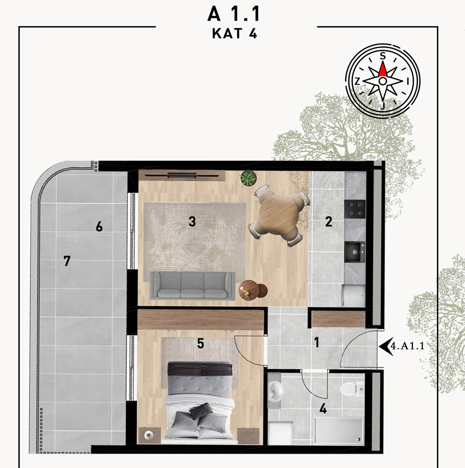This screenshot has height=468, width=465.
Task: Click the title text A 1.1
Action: tap(234, 14)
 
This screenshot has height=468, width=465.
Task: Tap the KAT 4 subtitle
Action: tap(234, 33)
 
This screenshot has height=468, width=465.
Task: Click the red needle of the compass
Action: tap(382, 69)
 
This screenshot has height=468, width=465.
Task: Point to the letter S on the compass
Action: tap(382, 56)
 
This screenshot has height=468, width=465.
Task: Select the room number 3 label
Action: tap(193, 222)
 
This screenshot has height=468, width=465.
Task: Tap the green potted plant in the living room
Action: tap(248, 178)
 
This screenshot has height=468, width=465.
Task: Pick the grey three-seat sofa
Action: tap(193, 285)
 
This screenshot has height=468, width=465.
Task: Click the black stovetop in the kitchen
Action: tap(355, 209)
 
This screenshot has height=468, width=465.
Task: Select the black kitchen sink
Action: tap(355, 252)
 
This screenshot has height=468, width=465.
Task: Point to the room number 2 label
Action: tap(328, 222)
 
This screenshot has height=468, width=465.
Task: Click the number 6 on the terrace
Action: tap(99, 227)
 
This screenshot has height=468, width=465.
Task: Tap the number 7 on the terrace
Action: tap(67, 261)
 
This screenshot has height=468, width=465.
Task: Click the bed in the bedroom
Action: tap(200, 402)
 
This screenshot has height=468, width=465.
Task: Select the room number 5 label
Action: tap(201, 343)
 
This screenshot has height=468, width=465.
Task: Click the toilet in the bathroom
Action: tap(352, 388)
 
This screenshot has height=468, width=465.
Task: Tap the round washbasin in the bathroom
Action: tap(276, 390)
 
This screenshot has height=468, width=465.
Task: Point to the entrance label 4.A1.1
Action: tap(407, 346)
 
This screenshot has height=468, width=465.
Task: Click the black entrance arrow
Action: tap(386, 346)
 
